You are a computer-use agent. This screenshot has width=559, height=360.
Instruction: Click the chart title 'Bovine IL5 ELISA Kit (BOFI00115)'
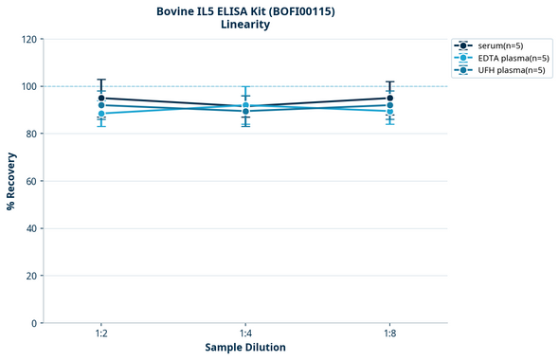[x=244, y=10]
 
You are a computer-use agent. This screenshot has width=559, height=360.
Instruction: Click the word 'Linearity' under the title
[x=244, y=25]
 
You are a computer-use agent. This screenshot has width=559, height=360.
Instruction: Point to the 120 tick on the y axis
[x=28, y=39]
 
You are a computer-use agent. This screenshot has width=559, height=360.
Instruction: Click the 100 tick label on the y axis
[x=28, y=86]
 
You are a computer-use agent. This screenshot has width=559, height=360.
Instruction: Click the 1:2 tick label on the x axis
[x=101, y=333]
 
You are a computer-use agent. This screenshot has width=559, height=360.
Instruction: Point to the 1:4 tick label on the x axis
[x=245, y=333]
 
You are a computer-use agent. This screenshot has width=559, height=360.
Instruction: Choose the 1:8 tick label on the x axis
[x=389, y=333]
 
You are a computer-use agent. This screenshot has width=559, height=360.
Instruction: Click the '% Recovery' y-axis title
[x=11, y=181]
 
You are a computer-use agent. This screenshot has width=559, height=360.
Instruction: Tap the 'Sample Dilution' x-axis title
[x=245, y=348]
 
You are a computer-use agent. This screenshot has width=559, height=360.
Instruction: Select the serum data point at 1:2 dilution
[x=101, y=99]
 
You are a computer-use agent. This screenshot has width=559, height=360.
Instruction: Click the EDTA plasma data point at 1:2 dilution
[x=101, y=114]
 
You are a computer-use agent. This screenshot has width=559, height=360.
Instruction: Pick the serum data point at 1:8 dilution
[x=389, y=99]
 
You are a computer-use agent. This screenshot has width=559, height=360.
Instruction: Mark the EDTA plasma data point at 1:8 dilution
[x=389, y=111]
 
